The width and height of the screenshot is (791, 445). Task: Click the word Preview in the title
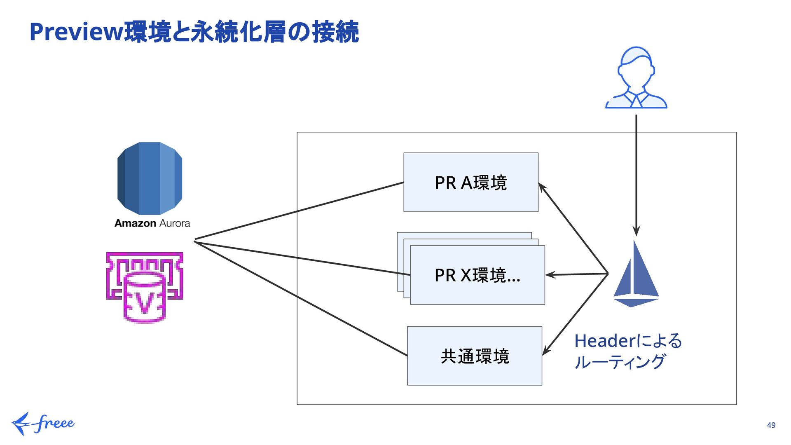coord(77,32)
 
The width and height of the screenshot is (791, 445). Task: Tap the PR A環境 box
coord(471,183)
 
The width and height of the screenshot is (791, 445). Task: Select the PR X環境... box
coord(477,275)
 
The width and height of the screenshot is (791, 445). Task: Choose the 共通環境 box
coord(475,356)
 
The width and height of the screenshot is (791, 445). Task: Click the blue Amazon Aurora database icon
coord(150,178)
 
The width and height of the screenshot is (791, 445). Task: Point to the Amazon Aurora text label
coord(152,223)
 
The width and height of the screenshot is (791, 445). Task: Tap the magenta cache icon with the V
coord(145,288)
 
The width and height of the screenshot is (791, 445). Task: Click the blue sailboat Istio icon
coord(636,274)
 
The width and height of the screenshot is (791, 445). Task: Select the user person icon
coord(636,77)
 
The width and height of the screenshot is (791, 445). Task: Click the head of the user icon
coord(636,66)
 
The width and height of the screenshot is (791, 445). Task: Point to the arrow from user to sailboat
coord(636,176)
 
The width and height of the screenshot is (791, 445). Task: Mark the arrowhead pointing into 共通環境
coord(546,351)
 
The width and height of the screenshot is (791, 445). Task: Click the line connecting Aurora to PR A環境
coord(299,211)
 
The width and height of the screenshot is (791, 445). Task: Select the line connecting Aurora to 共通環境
coord(301,299)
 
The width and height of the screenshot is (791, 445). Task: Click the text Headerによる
coord(628,341)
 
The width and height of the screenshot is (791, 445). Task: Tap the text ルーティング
coord(620,362)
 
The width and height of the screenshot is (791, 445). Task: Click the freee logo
coord(43,424)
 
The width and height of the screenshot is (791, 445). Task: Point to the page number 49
coord(771,425)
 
